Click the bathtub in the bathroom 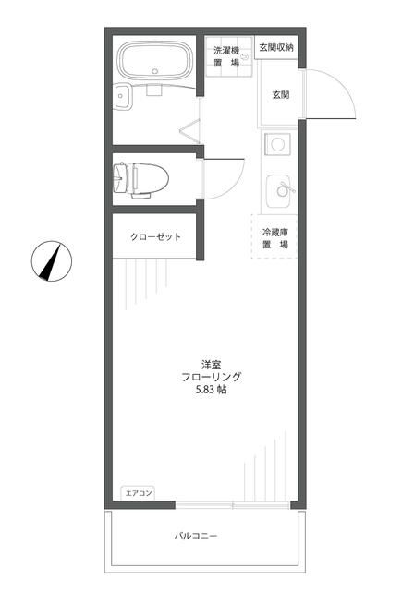[x=154, y=62]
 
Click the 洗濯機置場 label [x=226, y=56]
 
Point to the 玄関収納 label [x=276, y=47]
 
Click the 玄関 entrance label [x=280, y=94]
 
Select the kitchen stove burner [x=278, y=144]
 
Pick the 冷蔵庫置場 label [x=274, y=238]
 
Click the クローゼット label [x=154, y=237]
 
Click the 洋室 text [x=212, y=363]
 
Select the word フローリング [x=212, y=377]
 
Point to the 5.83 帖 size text [x=212, y=391]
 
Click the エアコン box [x=138, y=493]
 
